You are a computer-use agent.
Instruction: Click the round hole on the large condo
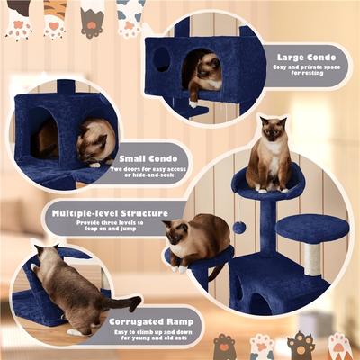[161, 59]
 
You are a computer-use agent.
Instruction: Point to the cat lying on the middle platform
[196, 240]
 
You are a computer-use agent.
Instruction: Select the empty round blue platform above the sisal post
[311, 228]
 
